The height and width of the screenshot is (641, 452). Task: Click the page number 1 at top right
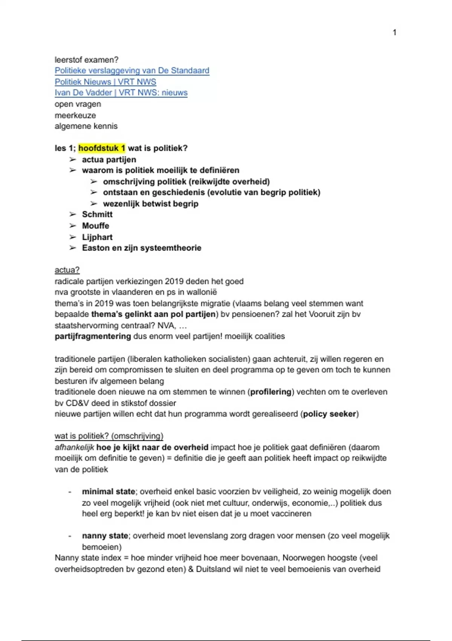pos(394,32)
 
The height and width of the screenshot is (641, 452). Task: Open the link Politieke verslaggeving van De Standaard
pos(132,71)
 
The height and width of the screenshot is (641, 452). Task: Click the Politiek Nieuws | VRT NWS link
pos(105,82)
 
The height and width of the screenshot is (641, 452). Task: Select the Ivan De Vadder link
pos(121,93)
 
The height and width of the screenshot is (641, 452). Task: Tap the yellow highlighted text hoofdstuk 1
pos(102,148)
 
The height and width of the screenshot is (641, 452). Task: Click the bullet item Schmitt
pos(97,215)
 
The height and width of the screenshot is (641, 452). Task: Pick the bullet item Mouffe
pos(96,226)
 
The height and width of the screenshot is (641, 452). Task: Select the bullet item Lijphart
pos(97,237)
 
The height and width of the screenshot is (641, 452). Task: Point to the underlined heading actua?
pos(67,270)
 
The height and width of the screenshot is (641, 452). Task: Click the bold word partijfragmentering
pos(93,336)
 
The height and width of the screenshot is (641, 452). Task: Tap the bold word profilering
pos(271,392)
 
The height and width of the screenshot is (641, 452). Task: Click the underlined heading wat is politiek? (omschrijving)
pos(109,436)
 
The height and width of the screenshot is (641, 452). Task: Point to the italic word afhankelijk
pos(74,448)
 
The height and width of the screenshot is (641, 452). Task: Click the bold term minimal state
pos(108,492)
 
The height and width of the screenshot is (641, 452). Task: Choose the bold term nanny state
pos(105,536)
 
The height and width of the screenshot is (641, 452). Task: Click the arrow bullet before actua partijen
pos(73,159)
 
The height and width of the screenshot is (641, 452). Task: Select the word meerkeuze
pos(75,115)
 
